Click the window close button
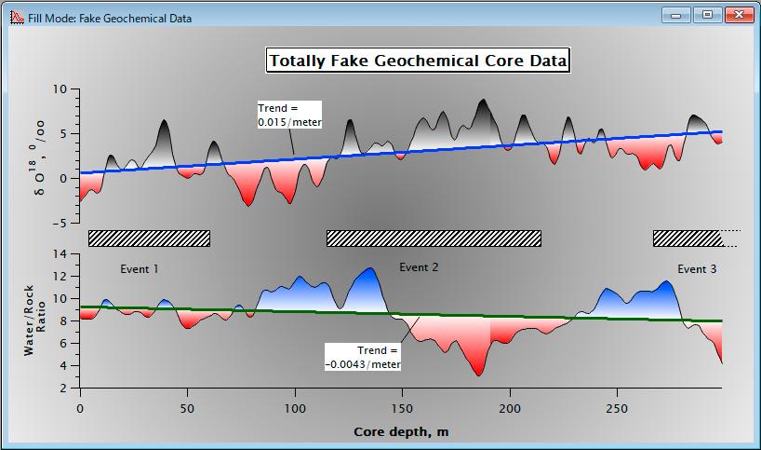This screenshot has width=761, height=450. coord(739,15)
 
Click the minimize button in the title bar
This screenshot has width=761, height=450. coord(675,15)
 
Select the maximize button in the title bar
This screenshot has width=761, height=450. coord(707,15)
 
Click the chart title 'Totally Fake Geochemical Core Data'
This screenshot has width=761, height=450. coord(418,61)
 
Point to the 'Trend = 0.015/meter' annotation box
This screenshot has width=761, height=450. coord(289,115)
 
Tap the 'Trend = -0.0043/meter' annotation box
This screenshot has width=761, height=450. coord(363,357)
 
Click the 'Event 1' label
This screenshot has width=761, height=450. coord(140,269)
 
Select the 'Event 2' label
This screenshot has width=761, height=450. coord(419,267)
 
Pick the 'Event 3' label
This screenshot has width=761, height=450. coord(697,269)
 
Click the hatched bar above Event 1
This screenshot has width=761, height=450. coord(149,239)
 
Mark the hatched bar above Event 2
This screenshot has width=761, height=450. coord(434,239)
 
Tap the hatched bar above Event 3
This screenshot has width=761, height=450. coord(688,239)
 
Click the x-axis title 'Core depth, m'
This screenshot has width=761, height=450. coord(401,431)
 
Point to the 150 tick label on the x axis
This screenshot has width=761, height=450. coord(402,409)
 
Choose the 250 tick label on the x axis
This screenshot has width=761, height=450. coord(617,409)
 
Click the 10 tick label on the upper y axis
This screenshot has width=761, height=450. coord(60,89)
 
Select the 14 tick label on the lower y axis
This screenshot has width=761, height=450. coord(60,253)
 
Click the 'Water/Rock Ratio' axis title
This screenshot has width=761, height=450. coord(34,320)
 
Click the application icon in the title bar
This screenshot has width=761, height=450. coord(17,18)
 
